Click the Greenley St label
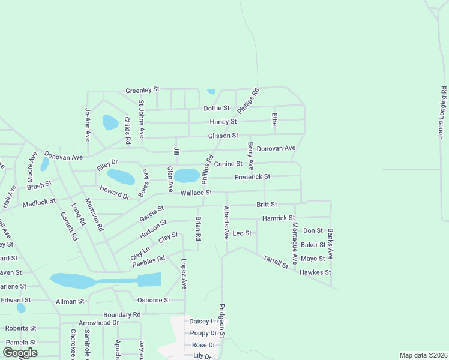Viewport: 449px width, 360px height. [142, 90]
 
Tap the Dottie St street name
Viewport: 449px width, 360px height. [217, 109]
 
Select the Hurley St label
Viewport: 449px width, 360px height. [223, 122]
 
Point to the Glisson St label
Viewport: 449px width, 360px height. [223, 136]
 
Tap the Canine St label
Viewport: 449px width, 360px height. [228, 164]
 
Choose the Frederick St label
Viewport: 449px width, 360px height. [252, 177]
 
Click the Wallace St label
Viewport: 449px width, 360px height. [197, 193]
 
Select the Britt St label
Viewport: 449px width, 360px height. [267, 205]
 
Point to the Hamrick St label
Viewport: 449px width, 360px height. [279, 218]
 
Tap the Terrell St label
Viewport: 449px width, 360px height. [276, 262]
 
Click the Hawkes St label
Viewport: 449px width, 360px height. [316, 272]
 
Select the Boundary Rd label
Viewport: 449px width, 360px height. [122, 314]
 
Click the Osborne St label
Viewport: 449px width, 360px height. [154, 300]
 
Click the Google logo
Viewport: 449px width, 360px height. [20, 352]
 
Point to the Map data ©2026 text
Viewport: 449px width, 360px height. [423, 355]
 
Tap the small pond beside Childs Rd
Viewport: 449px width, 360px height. [110, 123]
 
